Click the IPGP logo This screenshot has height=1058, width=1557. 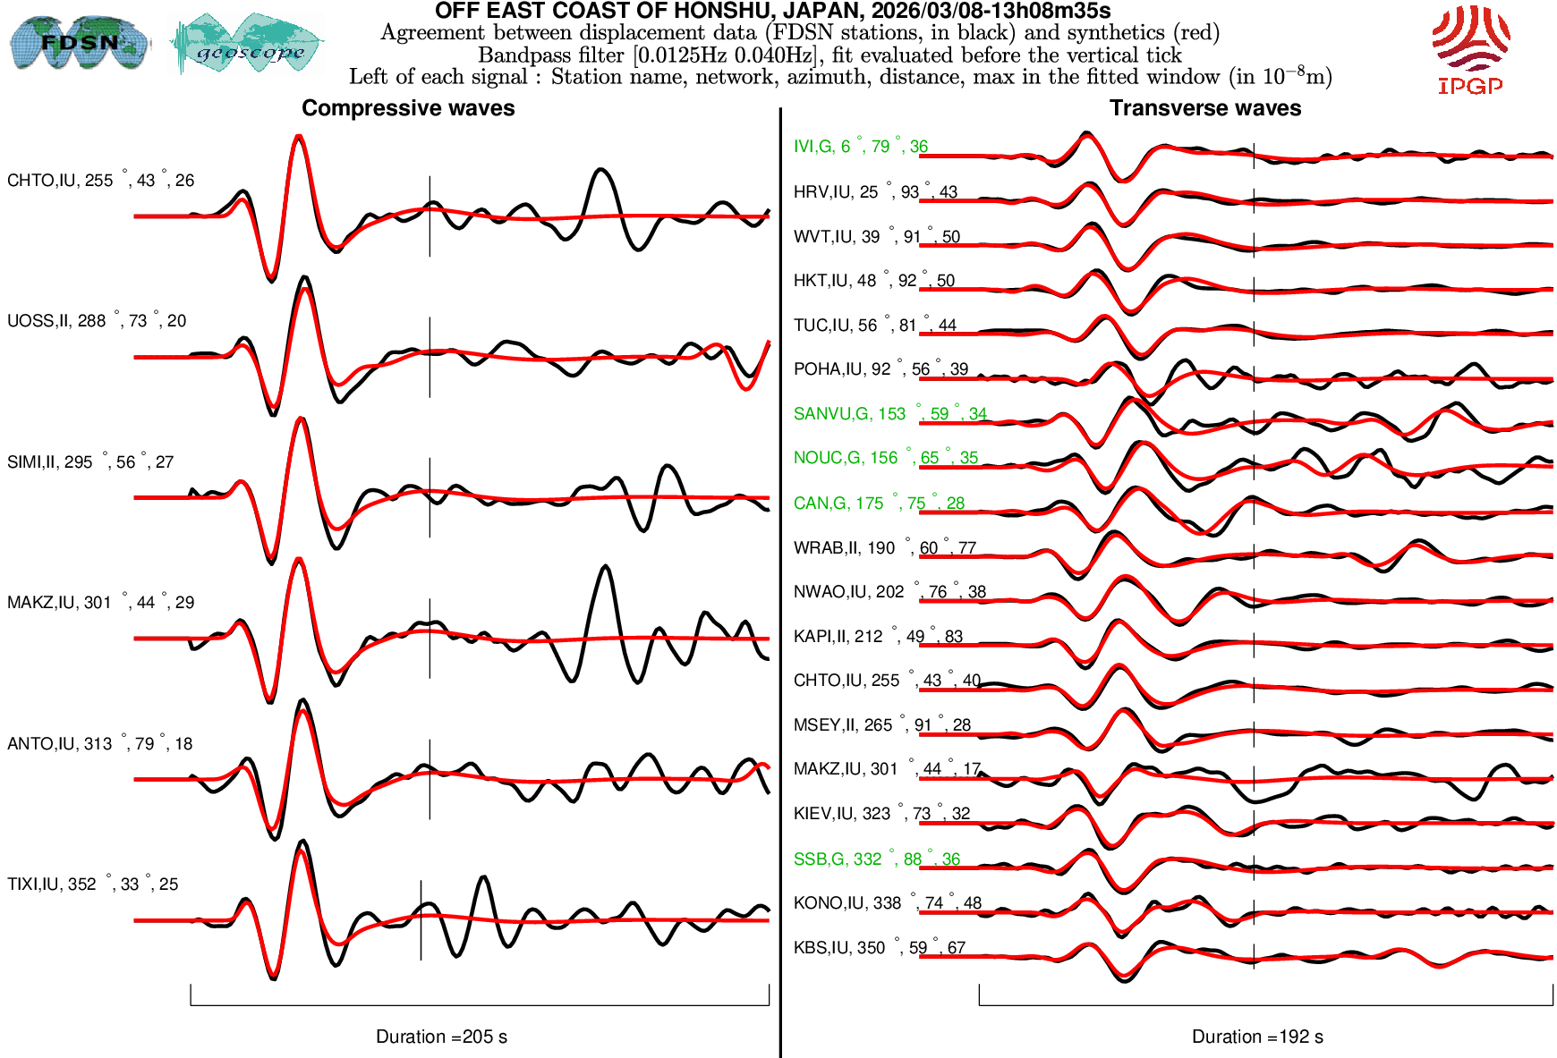pyautogui.click(x=1470, y=49)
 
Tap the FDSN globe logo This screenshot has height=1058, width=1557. pyautogui.click(x=79, y=43)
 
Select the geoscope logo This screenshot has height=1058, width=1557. pyautogui.click(x=249, y=45)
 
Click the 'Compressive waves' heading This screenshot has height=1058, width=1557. pyautogui.click(x=408, y=108)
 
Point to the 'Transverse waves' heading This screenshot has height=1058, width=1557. pyautogui.click(x=1204, y=108)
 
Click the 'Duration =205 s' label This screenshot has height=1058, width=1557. pyautogui.click(x=441, y=1037)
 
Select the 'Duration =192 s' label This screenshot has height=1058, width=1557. pyautogui.click(x=1257, y=1037)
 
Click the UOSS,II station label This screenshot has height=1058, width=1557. pyautogui.click(x=97, y=321)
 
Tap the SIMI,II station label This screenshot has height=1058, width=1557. pyautogui.click(x=90, y=462)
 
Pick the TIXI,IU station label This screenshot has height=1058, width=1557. pyautogui.click(x=92, y=884)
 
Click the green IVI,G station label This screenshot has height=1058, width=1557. pyautogui.click(x=860, y=147)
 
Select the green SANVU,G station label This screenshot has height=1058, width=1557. pyautogui.click(x=889, y=414)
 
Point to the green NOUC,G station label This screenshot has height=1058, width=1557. pyautogui.click(x=885, y=458)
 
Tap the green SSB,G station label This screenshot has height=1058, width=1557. pyautogui.click(x=876, y=859)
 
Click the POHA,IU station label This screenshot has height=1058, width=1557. pyautogui.click(x=881, y=369)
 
